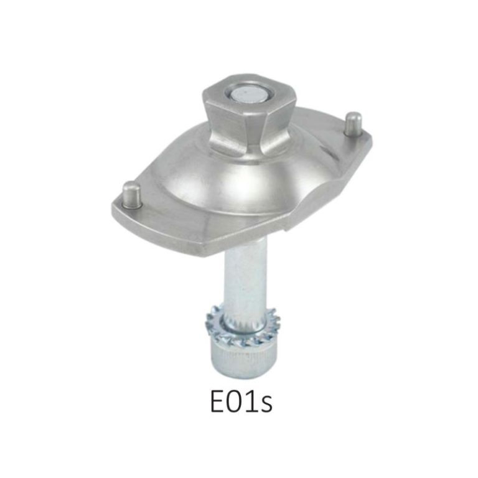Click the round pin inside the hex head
tap(250, 95)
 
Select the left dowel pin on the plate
tap(130, 193)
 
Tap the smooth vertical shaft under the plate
tap(245, 280)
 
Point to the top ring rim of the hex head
tap(250, 83)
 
